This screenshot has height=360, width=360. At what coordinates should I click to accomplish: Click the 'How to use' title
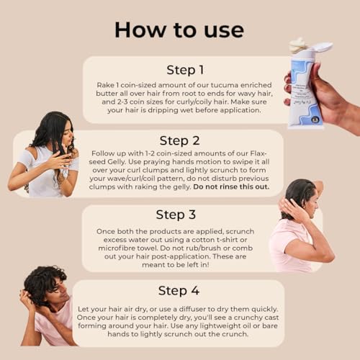179,30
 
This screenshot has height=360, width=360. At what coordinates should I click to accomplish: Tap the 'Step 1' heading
185,70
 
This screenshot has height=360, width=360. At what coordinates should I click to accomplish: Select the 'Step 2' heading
179,140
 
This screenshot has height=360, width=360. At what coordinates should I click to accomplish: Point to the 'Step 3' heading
176,215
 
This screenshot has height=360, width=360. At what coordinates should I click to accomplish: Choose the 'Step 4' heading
179,291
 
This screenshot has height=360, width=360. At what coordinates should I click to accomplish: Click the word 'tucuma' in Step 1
225,85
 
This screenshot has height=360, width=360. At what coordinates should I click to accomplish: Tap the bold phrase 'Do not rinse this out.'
231,186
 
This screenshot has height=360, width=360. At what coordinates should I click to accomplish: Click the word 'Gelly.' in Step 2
117,162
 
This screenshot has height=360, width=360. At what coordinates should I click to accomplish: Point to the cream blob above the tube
297,45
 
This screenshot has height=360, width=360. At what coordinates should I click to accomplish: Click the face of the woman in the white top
68,135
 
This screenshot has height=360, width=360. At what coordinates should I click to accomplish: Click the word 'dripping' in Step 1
163,110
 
